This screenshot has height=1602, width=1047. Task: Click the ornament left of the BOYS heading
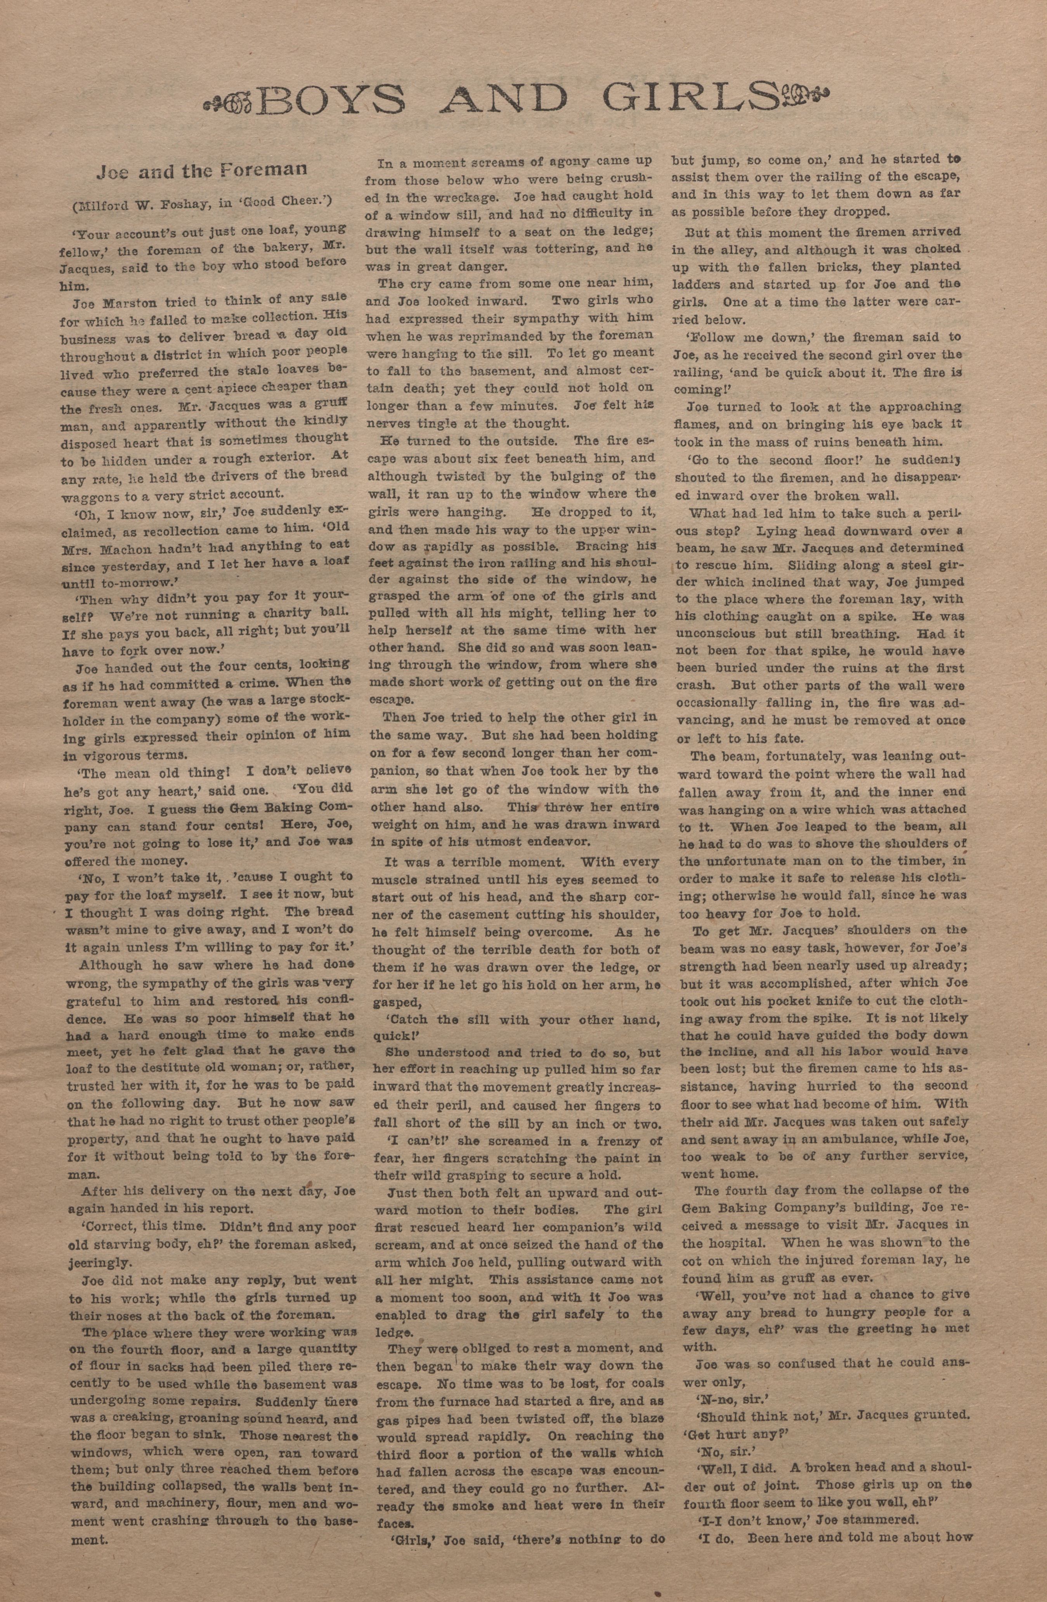click(x=229, y=103)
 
